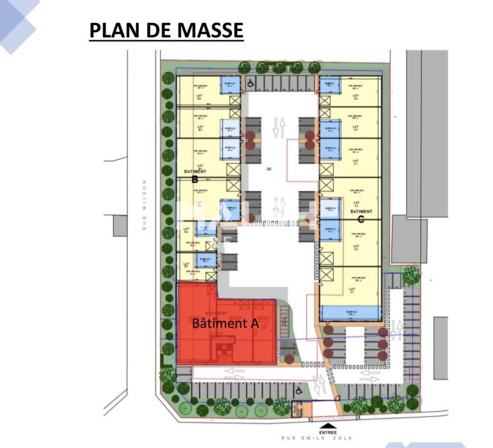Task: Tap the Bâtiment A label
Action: (x=225, y=323)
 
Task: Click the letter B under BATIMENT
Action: (x=195, y=180)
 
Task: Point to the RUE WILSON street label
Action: (x=144, y=205)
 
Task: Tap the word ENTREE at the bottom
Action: (x=328, y=432)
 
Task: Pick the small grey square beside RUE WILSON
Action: (x=120, y=226)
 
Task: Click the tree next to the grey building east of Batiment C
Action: (x=411, y=275)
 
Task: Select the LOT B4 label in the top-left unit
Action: (x=198, y=97)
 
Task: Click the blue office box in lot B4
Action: (x=231, y=85)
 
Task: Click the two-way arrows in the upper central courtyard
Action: (x=279, y=128)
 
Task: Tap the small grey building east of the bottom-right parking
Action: (x=440, y=347)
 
